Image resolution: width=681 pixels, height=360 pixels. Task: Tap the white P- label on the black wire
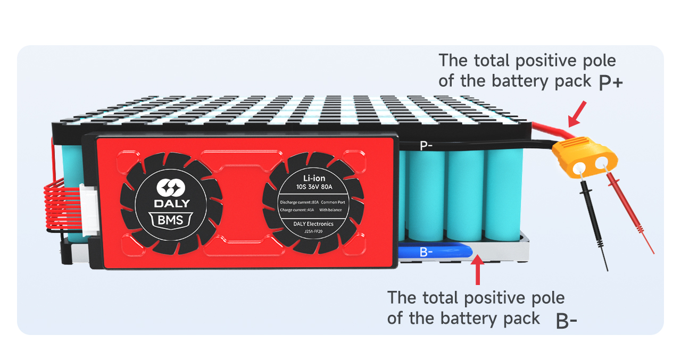(426, 145)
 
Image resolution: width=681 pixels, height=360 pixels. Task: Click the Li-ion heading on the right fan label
(314, 178)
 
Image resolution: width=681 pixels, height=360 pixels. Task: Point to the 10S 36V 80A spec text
(314, 187)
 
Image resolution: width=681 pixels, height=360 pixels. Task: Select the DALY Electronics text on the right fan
(313, 224)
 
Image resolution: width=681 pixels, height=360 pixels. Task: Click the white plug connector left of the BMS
(86, 210)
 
